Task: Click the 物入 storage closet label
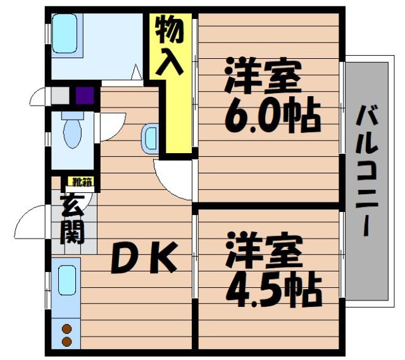coord(170,45)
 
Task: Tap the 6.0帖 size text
coord(273,115)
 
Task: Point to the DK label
coord(144,258)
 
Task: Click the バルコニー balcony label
coord(367,171)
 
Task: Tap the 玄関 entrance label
coord(72,220)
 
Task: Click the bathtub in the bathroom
coord(65,34)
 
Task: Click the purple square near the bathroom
coord(85,96)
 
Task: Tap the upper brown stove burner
coord(66,329)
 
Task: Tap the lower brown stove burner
coord(66,342)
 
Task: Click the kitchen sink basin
coord(67,281)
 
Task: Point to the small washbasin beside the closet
coord(150,139)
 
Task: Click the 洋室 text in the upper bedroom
coord(263,75)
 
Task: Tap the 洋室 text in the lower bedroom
coord(264,250)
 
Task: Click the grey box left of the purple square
coord(60,96)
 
